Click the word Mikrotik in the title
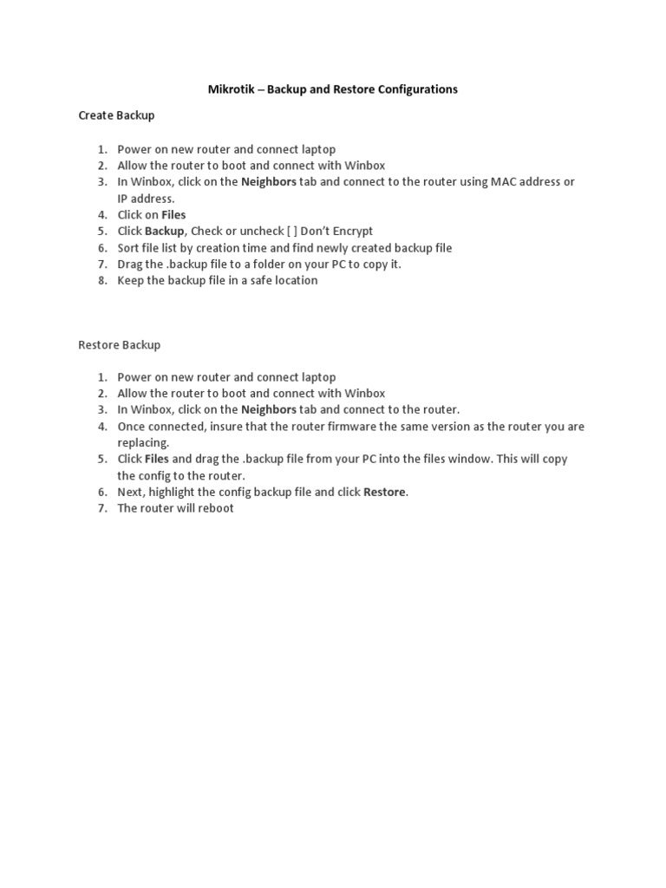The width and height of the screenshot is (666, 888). [232, 89]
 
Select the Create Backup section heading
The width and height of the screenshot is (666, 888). [116, 114]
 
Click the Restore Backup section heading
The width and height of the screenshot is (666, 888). [120, 344]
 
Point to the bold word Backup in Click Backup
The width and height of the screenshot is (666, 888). [164, 231]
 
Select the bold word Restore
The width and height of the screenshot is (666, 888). [384, 492]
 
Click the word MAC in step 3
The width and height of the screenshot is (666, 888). [505, 182]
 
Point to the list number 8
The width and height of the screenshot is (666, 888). [101, 280]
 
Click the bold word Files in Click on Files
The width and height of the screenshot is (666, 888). [173, 214]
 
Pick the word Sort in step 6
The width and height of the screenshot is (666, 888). [129, 247]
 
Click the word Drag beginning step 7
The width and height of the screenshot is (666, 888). [131, 264]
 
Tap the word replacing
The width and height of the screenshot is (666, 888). [142, 442]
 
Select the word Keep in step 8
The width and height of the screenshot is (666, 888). [131, 280]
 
